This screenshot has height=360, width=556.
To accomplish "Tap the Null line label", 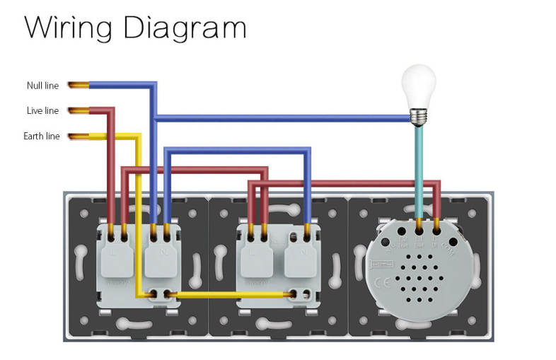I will click(42, 86).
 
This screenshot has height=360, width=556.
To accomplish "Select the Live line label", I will click(42, 111).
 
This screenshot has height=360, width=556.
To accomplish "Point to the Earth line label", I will click(42, 137).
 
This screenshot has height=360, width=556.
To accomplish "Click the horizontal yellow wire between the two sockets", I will click(226, 294).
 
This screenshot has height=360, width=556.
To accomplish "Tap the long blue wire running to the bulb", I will click(283, 118).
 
